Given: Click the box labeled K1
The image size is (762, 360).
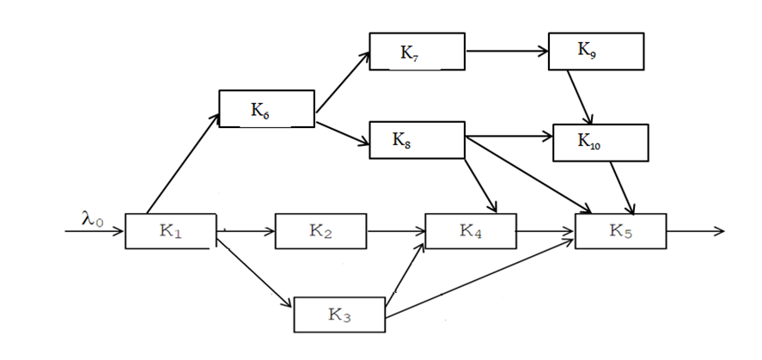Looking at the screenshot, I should [168, 231].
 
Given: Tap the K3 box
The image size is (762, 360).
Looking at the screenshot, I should [339, 314].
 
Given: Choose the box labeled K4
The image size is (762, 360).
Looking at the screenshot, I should [471, 231].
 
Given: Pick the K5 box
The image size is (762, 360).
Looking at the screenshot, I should [620, 231].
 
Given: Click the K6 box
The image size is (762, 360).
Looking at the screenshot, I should [266, 109].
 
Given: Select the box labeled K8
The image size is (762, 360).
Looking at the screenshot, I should [417, 139].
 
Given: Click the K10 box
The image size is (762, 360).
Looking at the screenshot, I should [600, 142].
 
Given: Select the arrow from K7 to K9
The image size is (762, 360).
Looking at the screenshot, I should [507, 51].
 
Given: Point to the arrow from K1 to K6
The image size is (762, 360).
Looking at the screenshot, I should [184, 168].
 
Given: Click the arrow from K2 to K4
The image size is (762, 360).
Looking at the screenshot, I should [397, 231].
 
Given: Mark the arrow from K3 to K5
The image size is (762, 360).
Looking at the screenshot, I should [481, 280].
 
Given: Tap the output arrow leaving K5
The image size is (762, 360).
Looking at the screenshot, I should [694, 231].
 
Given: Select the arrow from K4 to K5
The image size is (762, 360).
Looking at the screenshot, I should [546, 231].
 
